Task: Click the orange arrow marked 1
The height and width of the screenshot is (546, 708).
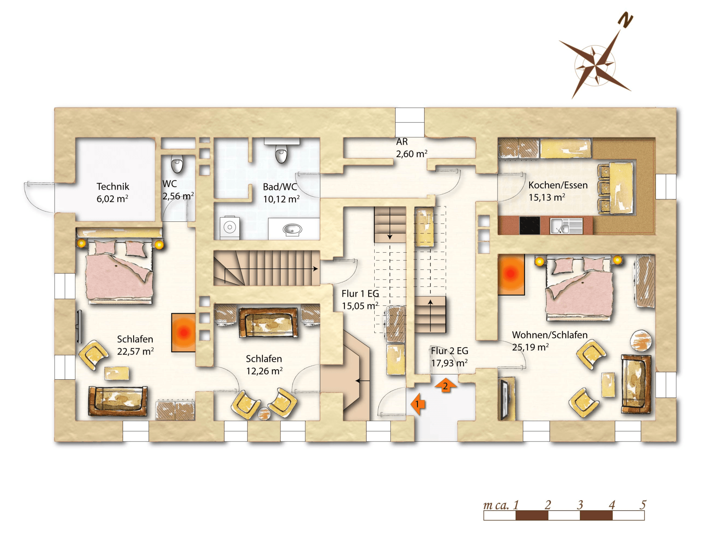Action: coord(418,404)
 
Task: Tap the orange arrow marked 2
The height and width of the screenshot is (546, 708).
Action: coord(445,386)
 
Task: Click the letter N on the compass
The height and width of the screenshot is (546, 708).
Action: coord(625,20)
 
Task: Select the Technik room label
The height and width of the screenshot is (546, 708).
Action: coord(113,187)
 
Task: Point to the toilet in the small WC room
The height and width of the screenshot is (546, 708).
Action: coord(177,164)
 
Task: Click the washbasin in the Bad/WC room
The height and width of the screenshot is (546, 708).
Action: coord(292,229)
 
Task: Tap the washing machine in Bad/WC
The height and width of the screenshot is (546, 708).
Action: coord(230,227)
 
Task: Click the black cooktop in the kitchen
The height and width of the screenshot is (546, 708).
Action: coord(530,225)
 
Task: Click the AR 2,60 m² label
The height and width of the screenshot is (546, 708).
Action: coord(411,148)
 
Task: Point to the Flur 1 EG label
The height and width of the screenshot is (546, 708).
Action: coord(360,294)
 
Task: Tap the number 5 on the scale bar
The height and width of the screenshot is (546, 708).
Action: coord(643,505)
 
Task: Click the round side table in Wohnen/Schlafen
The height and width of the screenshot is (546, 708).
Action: coord(641,340)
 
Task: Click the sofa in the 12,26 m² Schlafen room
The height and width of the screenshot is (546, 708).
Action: coord(268,323)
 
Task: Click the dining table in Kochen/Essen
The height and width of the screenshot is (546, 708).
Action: coord(621,188)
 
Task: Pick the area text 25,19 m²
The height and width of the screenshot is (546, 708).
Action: coord(530,347)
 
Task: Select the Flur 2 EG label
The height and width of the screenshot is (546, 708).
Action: coord(449,351)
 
